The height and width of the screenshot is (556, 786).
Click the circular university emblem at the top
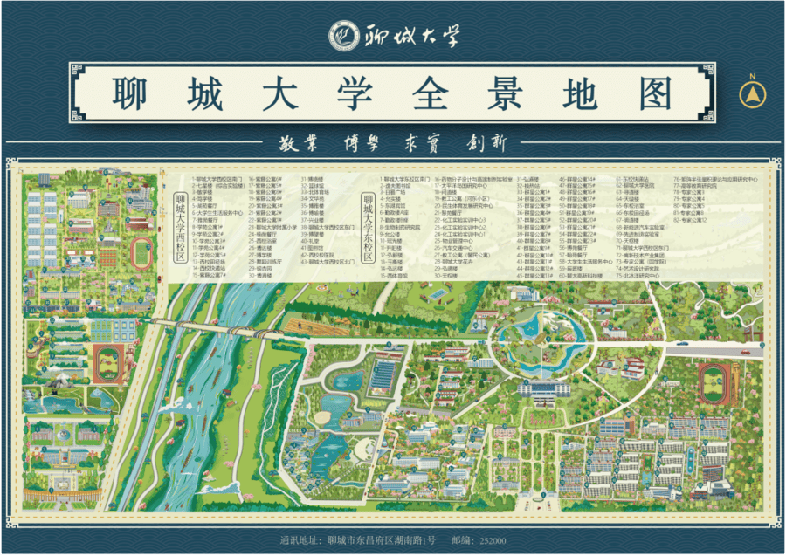[343, 37]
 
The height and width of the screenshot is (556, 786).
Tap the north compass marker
[748, 95]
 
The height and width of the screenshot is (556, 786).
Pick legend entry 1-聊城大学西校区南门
[215, 179]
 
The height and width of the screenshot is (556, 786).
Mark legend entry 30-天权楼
[450, 276]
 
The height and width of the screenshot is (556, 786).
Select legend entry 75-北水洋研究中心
[642, 276]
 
